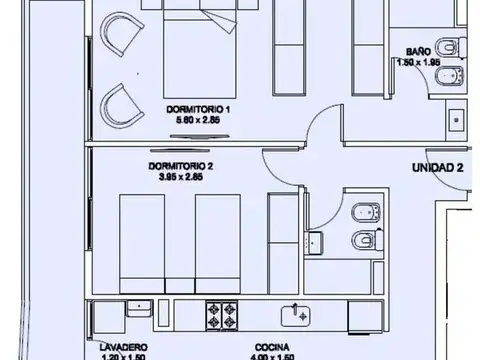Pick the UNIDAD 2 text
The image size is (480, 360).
point(436,168)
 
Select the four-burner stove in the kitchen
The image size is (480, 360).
point(224,316)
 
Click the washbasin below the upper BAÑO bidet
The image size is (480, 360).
point(455,117)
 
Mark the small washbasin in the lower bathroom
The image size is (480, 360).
point(319,241)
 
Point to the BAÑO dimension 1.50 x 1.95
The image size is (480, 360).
point(419,61)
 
